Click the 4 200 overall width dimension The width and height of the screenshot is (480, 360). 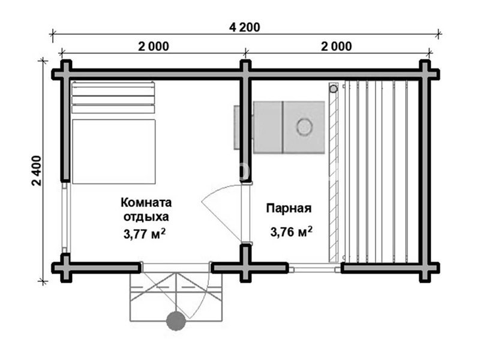pyautogui.click(x=245, y=28)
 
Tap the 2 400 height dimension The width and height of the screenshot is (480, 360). pyautogui.click(x=37, y=170)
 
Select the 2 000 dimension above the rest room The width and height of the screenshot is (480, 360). pyautogui.click(x=154, y=47)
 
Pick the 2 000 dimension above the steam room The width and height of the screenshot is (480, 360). pyautogui.click(x=337, y=47)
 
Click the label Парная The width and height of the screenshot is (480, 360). pyautogui.click(x=289, y=208)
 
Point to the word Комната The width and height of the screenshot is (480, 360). pyautogui.click(x=146, y=202)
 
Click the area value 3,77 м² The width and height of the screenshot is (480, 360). pyautogui.click(x=145, y=234)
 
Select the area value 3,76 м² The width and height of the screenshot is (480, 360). pyautogui.click(x=291, y=232)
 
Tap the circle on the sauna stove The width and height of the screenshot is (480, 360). pyautogui.click(x=304, y=126)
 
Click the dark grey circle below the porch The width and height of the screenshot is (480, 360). pyautogui.click(x=176, y=321)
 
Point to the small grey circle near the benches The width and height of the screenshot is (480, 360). pyautogui.click(x=334, y=89)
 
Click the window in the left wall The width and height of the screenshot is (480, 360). pyautogui.click(x=66, y=218)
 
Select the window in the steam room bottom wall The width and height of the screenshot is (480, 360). pyautogui.click(x=314, y=269)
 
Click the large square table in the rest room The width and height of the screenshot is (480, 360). pyautogui.click(x=114, y=152)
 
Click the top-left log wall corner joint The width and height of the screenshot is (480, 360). pyautogui.click(x=65, y=74)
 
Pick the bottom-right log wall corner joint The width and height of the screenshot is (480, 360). pyautogui.click(x=425, y=268)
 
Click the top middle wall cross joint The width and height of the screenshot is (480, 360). pyautogui.click(x=245, y=74)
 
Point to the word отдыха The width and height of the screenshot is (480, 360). pyautogui.click(x=146, y=217)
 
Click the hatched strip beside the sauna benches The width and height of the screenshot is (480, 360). pyautogui.click(x=334, y=172)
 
